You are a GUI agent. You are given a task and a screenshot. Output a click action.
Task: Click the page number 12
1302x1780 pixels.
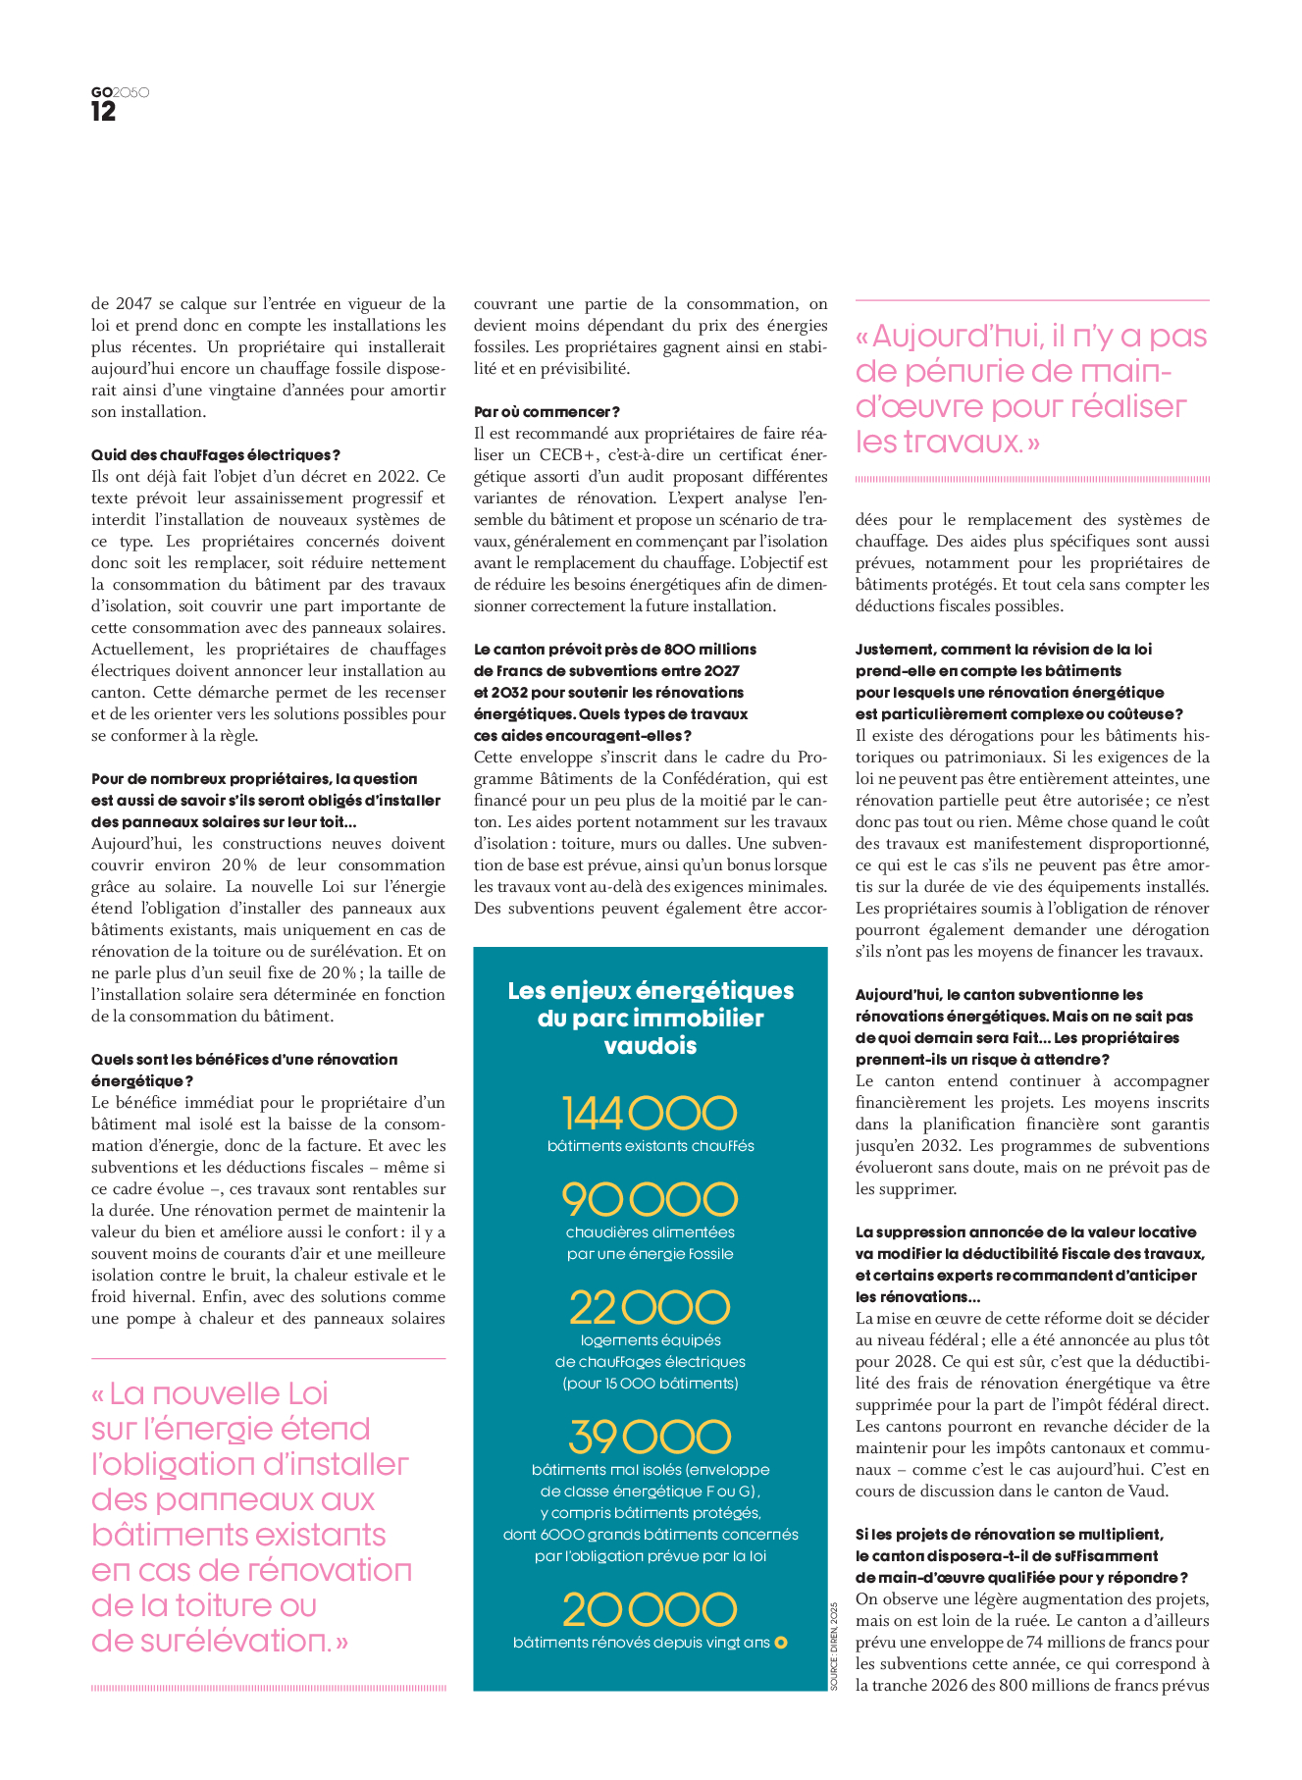[x=103, y=112]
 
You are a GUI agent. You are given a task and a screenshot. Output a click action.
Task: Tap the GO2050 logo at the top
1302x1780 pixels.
[x=120, y=92]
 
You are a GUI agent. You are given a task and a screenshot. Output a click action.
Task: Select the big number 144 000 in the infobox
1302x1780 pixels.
[x=650, y=1114]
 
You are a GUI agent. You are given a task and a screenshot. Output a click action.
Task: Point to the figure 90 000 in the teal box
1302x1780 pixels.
[x=650, y=1199]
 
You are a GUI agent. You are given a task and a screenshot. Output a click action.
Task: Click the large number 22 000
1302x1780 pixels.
[x=650, y=1307]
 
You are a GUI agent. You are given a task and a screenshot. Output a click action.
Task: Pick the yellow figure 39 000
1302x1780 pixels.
[x=650, y=1437]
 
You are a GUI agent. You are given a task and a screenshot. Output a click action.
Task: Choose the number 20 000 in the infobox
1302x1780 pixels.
[x=650, y=1610]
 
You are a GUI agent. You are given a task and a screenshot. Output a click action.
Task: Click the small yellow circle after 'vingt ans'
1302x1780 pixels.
[x=781, y=1643]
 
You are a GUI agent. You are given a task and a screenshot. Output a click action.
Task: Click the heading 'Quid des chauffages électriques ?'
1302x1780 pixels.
[x=216, y=455]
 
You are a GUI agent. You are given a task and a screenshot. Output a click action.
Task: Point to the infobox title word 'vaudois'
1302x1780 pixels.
[x=650, y=1046]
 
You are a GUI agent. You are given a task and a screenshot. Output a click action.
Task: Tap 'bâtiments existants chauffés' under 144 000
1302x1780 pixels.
[x=650, y=1146]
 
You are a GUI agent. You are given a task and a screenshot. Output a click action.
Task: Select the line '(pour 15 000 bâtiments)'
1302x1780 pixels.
[x=650, y=1384]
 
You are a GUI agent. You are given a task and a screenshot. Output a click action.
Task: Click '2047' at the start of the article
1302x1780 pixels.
[x=132, y=304]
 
